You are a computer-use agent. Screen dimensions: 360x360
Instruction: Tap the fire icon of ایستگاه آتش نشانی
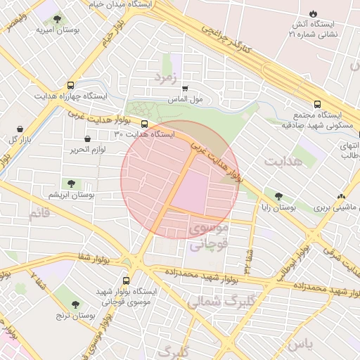click(313, 13)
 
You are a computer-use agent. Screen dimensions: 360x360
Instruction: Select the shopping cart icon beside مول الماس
click(185, 89)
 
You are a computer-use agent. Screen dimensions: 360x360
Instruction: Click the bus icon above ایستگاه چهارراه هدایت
click(70, 84)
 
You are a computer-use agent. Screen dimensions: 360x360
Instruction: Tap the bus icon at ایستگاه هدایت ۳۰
click(145, 123)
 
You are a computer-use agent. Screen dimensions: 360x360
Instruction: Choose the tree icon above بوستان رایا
click(279, 198)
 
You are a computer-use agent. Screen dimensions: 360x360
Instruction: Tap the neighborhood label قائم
click(40, 212)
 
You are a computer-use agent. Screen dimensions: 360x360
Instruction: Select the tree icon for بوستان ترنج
click(75, 304)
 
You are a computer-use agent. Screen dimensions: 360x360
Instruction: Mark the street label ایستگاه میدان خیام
click(119, 5)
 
